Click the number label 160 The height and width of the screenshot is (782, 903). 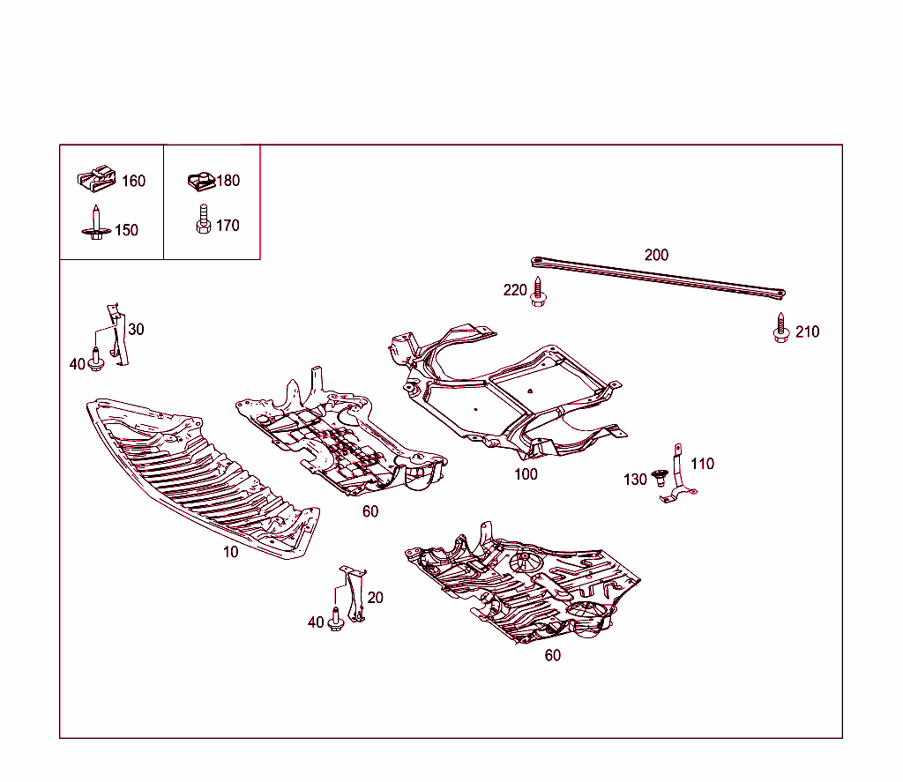click(133, 181)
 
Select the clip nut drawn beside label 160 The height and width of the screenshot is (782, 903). click(97, 179)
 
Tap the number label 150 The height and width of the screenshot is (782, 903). click(126, 230)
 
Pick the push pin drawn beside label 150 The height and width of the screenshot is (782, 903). click(95, 223)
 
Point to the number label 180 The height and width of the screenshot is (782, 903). click(228, 181)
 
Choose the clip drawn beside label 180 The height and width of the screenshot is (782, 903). click(202, 181)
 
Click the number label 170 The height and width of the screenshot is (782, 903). click(227, 226)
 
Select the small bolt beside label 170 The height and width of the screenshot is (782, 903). click(202, 220)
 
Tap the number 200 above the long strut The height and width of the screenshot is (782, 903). click(656, 255)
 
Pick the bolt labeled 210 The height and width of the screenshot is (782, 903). click(780, 328)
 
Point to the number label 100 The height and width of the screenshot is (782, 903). click(526, 474)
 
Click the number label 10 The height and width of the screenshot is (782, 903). click(230, 553)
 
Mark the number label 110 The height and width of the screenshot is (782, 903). click(702, 464)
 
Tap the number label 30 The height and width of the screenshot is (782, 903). click(136, 330)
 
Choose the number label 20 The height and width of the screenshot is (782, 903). click(375, 598)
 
